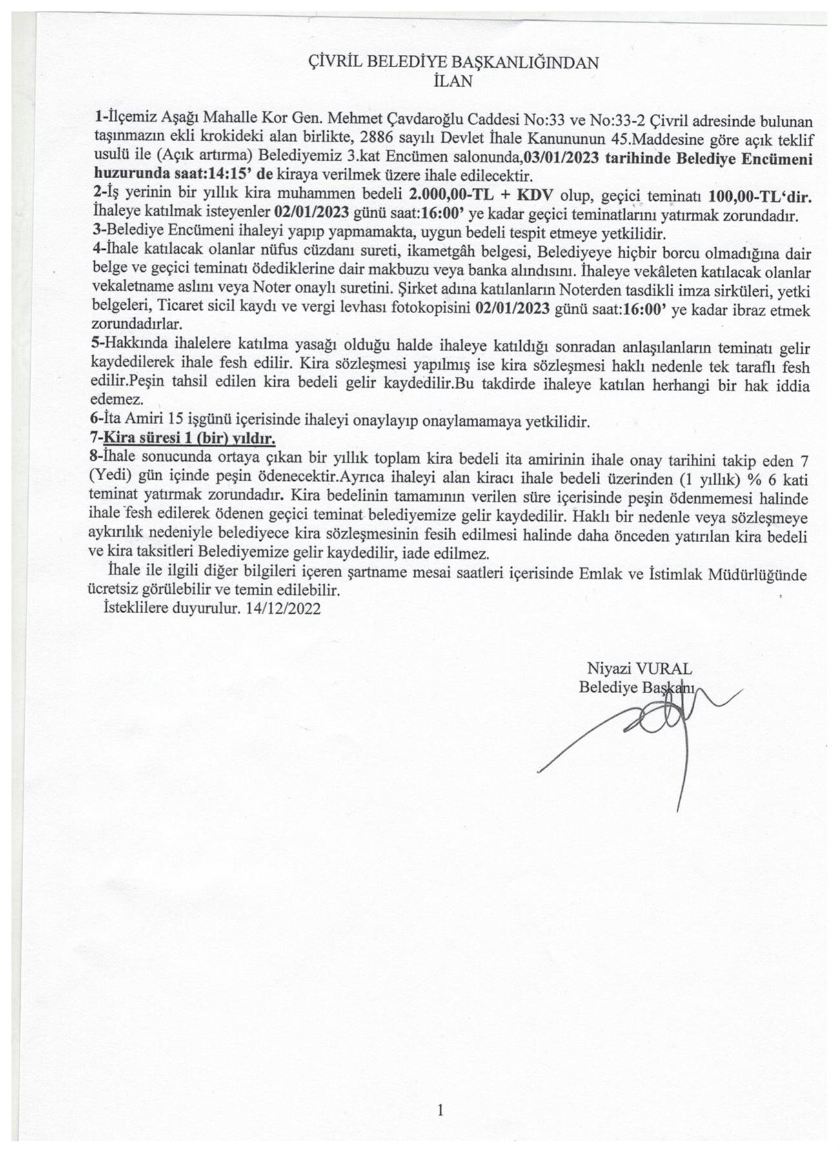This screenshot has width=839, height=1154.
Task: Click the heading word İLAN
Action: (x=454, y=81)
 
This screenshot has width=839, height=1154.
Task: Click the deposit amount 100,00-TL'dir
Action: (x=760, y=194)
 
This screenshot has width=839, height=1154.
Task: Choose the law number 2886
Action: (x=376, y=139)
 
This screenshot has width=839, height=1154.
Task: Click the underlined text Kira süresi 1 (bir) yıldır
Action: (x=190, y=440)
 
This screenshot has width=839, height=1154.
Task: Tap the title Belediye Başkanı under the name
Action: (x=636, y=687)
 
